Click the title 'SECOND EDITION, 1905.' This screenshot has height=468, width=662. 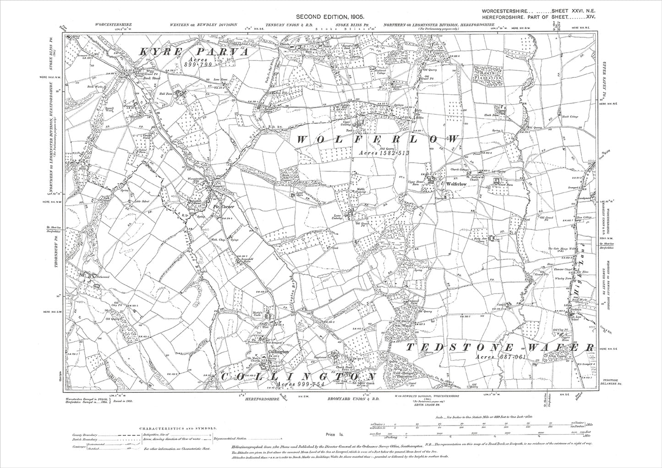tap(331, 16)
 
